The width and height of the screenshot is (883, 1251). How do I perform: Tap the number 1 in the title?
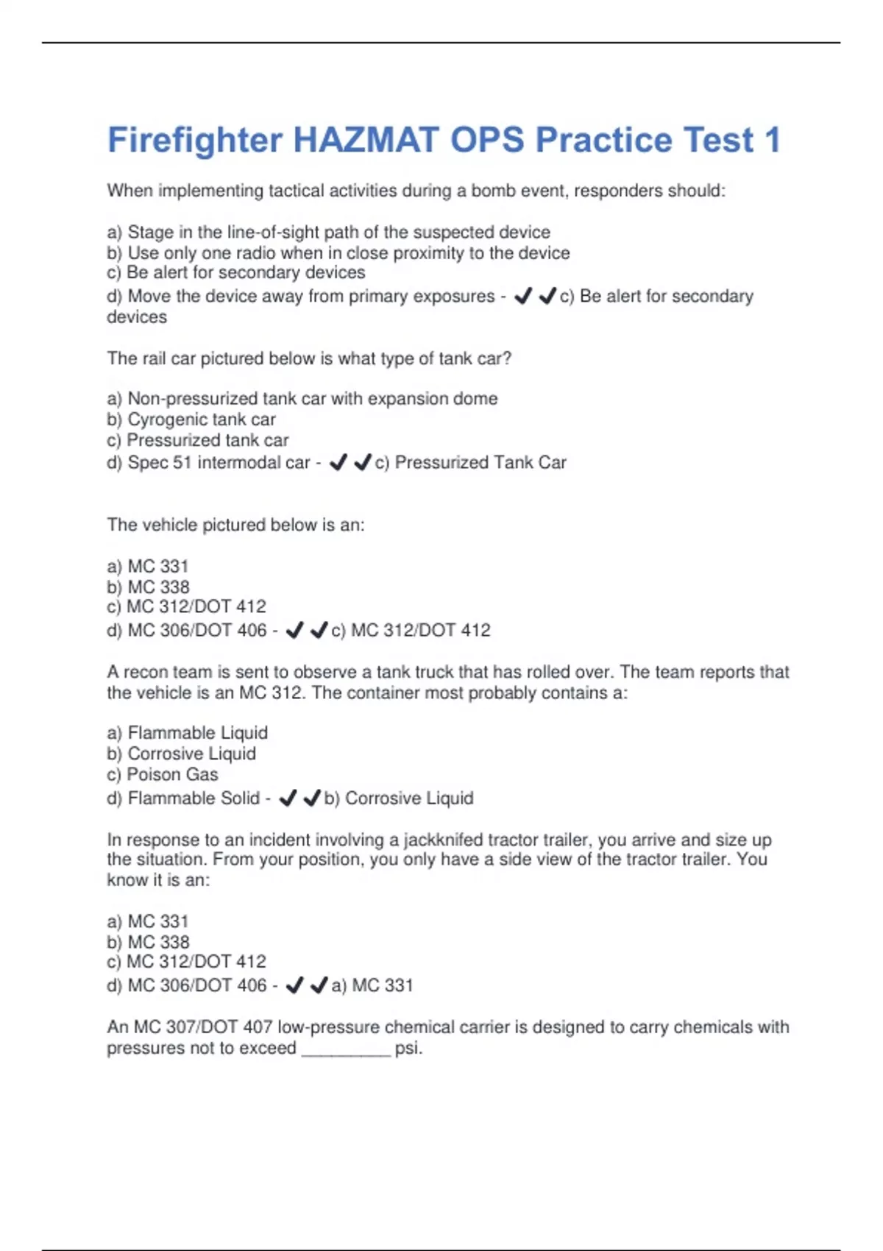[772, 140]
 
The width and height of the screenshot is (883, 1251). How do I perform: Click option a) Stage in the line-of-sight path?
[328, 232]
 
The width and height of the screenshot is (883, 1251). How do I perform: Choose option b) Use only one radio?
[338, 252]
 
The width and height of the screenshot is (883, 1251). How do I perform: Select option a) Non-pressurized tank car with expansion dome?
[302, 398]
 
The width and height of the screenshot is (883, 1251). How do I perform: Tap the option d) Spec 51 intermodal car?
[208, 462]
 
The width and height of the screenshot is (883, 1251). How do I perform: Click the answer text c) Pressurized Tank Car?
[471, 462]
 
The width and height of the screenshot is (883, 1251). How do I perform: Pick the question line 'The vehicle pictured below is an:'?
[235, 525]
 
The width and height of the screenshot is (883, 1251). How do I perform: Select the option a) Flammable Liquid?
[187, 733]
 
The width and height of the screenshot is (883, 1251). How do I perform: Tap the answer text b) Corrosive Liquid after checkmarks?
[399, 798]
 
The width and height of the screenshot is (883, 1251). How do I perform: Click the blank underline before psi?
[346, 1050]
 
